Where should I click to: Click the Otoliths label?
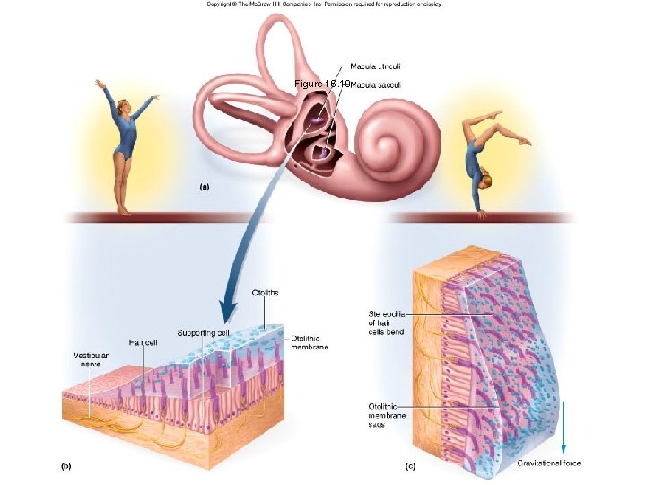(x=266, y=293)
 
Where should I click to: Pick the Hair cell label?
(x=144, y=342)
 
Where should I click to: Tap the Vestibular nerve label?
(x=92, y=361)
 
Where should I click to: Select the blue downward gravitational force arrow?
(x=564, y=431)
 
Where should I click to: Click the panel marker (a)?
(x=203, y=188)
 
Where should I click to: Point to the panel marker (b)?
(x=65, y=466)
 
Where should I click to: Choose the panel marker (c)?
(x=411, y=466)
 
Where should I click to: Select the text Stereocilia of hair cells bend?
(x=387, y=322)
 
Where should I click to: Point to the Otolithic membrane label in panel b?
(x=310, y=342)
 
